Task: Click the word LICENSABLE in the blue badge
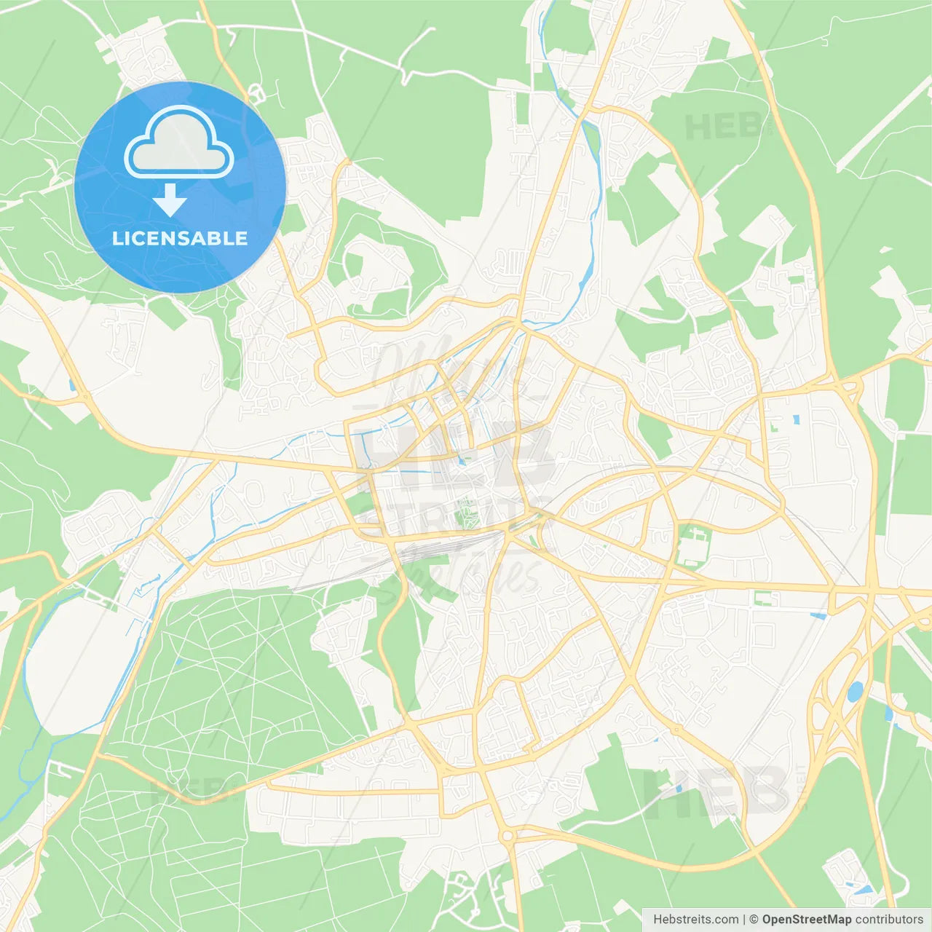click(180, 238)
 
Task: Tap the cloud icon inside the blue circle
click(179, 143)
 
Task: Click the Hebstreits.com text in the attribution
click(695, 920)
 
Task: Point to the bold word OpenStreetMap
click(807, 920)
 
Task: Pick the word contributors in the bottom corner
click(889, 920)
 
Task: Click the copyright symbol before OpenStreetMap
click(754, 920)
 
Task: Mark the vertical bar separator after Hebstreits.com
click(744, 920)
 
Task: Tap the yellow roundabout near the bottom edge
click(507, 835)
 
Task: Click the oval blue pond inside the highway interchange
click(855, 691)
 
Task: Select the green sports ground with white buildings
click(692, 545)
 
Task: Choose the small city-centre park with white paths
click(467, 513)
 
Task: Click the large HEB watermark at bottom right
click(717, 790)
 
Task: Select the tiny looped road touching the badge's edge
click(256, 93)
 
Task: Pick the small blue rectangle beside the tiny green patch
click(796, 420)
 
